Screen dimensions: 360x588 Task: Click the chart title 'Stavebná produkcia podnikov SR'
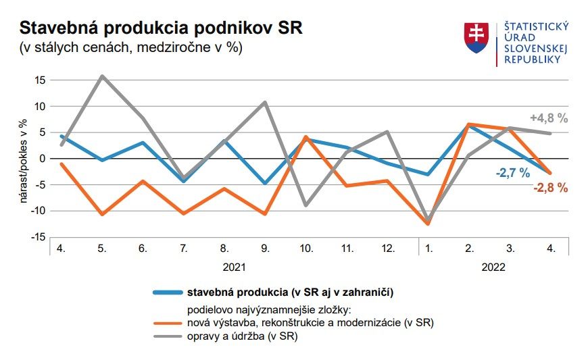click(161, 28)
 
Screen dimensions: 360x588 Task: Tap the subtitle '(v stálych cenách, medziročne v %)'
click(130, 48)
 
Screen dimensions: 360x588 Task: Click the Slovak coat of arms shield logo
click(476, 38)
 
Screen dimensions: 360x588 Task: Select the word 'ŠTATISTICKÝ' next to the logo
click(537, 26)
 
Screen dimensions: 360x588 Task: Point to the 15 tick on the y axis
click(39, 80)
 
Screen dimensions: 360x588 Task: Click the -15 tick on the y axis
click(37, 237)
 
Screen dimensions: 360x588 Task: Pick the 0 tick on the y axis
click(42, 159)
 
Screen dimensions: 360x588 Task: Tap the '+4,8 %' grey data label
click(549, 118)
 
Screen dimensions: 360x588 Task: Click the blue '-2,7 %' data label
click(512, 173)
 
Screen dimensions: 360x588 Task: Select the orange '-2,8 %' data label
click(550, 188)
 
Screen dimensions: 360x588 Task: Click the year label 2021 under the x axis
click(234, 267)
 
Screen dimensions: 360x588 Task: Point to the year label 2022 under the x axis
click(493, 267)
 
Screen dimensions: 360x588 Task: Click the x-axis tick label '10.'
click(306, 249)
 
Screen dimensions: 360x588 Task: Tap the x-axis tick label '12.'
click(388, 249)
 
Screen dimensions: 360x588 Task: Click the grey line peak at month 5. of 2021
click(102, 76)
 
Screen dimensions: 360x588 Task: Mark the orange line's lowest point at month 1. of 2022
click(428, 224)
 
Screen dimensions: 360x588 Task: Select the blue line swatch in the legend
click(167, 292)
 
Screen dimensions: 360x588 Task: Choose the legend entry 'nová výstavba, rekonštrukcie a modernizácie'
click(310, 323)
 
